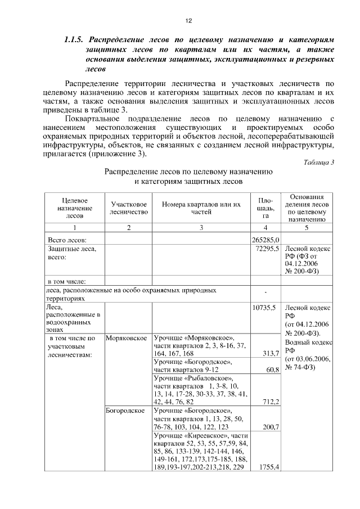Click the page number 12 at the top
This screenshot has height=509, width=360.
[189, 21]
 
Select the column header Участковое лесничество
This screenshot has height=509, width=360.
[129, 208]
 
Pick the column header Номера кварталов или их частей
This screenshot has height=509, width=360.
[201, 208]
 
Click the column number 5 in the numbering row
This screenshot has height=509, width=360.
[307, 228]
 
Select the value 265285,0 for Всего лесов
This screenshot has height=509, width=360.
[265, 240]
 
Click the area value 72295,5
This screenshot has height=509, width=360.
[267, 248]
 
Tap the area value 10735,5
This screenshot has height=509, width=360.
[267, 308]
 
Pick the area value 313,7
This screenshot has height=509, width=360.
[271, 353]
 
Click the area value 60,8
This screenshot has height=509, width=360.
[272, 370]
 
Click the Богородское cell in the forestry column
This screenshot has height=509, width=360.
[125, 411]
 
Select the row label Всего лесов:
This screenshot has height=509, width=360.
[66, 240]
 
